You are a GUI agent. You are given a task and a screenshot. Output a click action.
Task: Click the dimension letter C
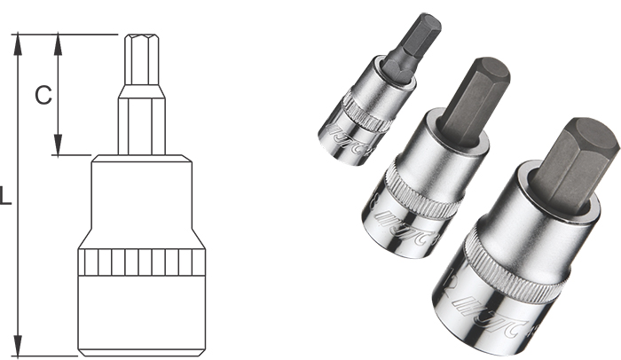pyautogui.click(x=42, y=95)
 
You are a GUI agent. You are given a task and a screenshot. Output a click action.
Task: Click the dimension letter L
pyautogui.click(x=6, y=197)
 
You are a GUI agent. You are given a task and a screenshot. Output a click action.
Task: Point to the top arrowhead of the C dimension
pyautogui.click(x=58, y=40)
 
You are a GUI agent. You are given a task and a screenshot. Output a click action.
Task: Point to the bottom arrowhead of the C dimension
pyautogui.click(x=58, y=150)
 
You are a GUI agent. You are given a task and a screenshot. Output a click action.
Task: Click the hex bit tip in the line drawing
pyautogui.click(x=142, y=58)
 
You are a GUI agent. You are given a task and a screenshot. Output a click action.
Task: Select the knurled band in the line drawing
pyautogui.click(x=142, y=262)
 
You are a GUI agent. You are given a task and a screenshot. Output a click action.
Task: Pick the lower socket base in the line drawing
pyautogui.click(x=142, y=315)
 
